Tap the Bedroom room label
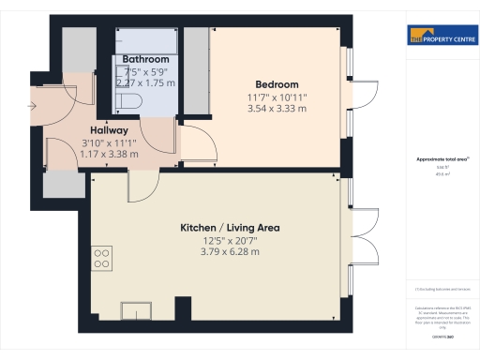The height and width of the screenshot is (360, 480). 277,84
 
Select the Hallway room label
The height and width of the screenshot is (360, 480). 109,130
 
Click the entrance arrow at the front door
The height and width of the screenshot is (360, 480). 34,106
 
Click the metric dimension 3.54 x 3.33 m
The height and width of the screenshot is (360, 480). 277,109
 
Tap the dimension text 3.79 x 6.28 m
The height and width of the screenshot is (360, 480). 230,251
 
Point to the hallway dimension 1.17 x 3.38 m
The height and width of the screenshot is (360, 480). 109,154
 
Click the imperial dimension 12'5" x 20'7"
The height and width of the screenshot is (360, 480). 230,240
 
